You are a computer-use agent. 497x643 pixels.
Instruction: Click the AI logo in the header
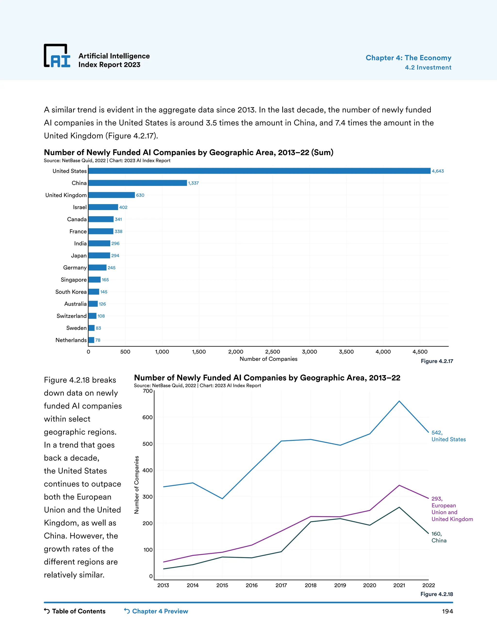tap(57, 56)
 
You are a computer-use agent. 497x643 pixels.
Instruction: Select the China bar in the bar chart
tap(138, 183)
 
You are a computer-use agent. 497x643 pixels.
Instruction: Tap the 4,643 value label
tap(438, 171)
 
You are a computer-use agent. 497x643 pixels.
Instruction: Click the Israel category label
tap(80, 207)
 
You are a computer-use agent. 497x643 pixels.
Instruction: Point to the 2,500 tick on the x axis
tap(272, 352)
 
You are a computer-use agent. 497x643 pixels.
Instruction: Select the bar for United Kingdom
tap(112, 195)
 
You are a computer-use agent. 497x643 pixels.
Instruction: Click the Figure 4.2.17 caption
tap(437, 361)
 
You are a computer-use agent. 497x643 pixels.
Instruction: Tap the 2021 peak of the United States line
tap(399, 401)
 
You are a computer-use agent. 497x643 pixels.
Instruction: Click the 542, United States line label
tap(448, 436)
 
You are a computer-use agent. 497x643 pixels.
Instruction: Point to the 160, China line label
tap(439, 537)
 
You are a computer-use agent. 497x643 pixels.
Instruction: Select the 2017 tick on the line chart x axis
tap(281, 585)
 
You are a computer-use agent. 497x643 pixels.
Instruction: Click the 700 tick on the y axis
tap(148, 391)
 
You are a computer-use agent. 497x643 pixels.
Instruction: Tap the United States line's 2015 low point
tap(222, 498)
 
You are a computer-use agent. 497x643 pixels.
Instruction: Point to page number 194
tap(447, 611)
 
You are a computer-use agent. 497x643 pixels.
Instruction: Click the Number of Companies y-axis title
tap(136, 485)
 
